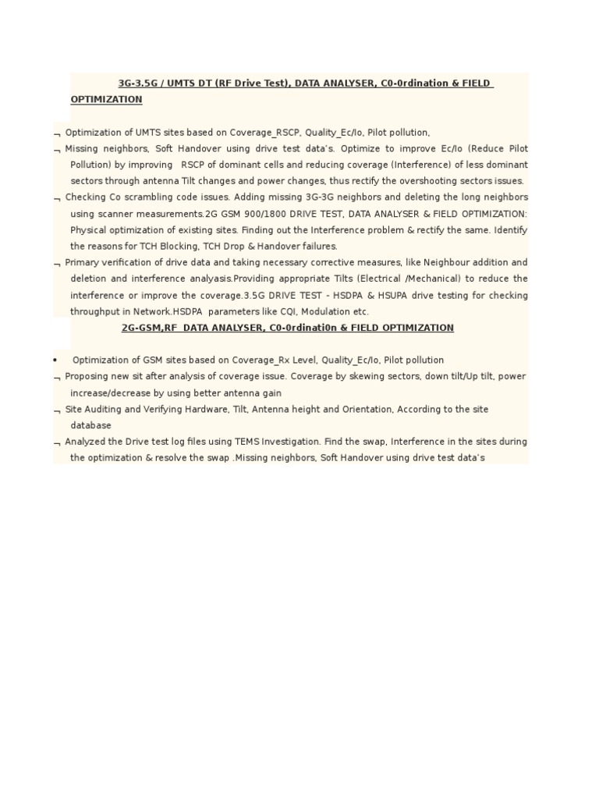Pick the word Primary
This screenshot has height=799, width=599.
[x=82, y=263]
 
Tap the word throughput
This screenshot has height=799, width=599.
[x=95, y=312]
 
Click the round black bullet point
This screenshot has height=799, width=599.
[x=55, y=360]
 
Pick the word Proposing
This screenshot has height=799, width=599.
[x=87, y=377]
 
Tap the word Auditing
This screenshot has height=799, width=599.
[x=101, y=410]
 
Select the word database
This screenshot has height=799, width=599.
[x=90, y=426]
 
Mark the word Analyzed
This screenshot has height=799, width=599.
[x=86, y=442]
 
